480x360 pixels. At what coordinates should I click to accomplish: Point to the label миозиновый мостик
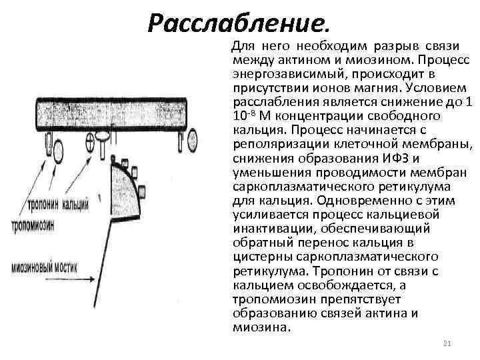point(45,267)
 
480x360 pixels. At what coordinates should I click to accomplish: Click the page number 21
point(447,343)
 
